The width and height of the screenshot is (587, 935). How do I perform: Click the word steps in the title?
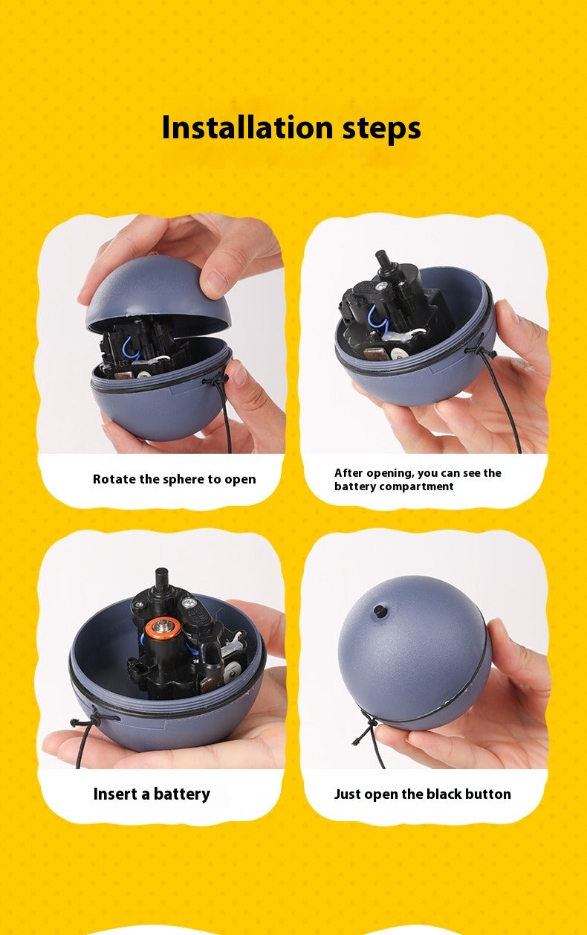(x=381, y=129)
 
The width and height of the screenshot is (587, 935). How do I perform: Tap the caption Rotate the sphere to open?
(x=174, y=480)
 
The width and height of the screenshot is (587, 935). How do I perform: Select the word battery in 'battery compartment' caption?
(x=355, y=486)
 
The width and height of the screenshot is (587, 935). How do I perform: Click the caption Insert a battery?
(x=152, y=794)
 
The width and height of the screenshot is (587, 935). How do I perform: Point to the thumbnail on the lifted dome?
(x=215, y=281)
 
